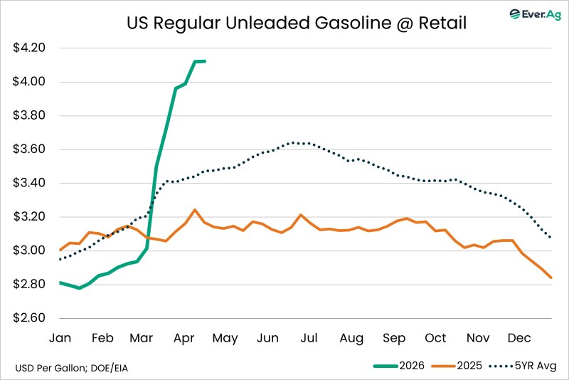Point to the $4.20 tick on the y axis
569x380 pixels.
point(29,48)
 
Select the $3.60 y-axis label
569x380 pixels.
point(29,149)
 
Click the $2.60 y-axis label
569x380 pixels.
point(29,318)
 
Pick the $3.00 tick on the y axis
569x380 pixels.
point(29,250)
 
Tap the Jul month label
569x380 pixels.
point(309,338)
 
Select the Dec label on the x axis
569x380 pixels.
point(517,338)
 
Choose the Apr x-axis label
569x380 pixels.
point(186,338)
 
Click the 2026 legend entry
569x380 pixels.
point(398,366)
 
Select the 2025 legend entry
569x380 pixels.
point(456,366)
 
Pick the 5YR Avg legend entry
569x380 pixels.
point(527,366)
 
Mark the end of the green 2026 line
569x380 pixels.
point(205,61)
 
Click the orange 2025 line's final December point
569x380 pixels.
point(551,278)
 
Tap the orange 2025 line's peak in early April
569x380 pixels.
point(195,210)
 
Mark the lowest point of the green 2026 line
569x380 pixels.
point(79,287)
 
